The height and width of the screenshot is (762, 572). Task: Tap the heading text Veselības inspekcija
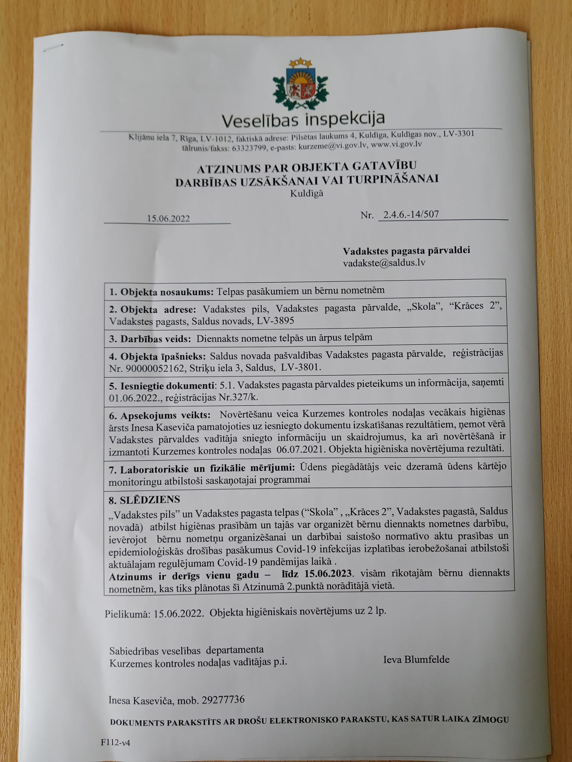tap(303, 119)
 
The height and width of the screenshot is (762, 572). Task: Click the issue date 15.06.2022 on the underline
tap(168, 218)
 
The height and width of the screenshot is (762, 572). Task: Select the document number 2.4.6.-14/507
tap(408, 214)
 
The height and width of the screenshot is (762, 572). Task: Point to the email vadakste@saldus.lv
tap(384, 263)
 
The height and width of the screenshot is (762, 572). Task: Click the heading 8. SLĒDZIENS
tap(144, 499)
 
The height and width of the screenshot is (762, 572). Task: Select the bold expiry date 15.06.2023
tap(327, 573)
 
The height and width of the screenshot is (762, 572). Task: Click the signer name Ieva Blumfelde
tap(416, 660)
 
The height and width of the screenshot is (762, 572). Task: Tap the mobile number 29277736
tap(223, 700)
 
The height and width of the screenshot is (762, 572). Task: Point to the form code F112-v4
tap(115, 743)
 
